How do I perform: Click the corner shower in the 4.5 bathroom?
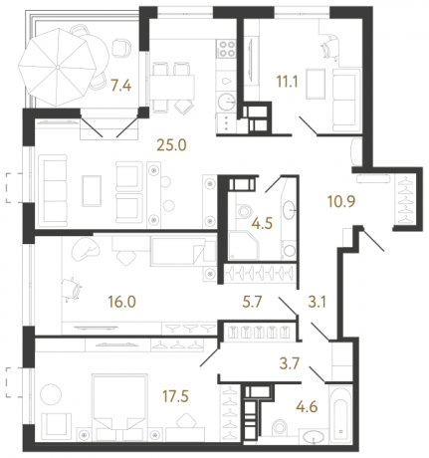[243, 240]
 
